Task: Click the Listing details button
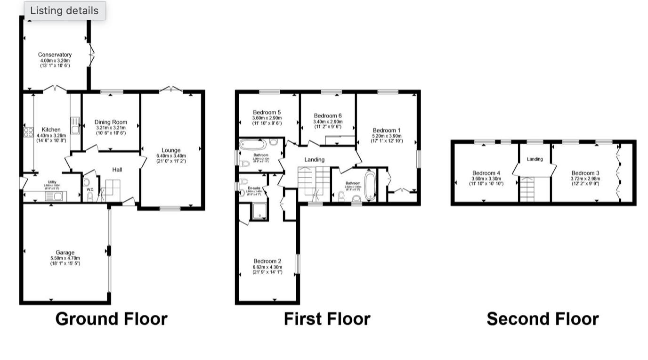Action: point(65,11)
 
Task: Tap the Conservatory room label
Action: point(55,55)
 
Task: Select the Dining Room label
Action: point(111,122)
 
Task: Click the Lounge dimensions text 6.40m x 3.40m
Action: point(171,156)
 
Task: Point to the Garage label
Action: point(65,253)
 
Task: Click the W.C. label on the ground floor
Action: point(90,190)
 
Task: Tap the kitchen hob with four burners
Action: point(28,132)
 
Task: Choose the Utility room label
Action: point(52,181)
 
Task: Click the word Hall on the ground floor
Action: point(117,169)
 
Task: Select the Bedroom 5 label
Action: point(267,112)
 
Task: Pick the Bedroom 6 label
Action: point(328,115)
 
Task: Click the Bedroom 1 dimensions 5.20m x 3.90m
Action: point(387,136)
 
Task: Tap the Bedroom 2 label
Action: point(267,261)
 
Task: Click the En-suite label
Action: point(253,188)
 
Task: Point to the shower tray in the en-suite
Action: point(259,211)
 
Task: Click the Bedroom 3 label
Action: point(586,173)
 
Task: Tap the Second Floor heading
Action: point(543,319)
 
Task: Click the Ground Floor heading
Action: point(111,319)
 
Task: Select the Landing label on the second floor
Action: point(535,159)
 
